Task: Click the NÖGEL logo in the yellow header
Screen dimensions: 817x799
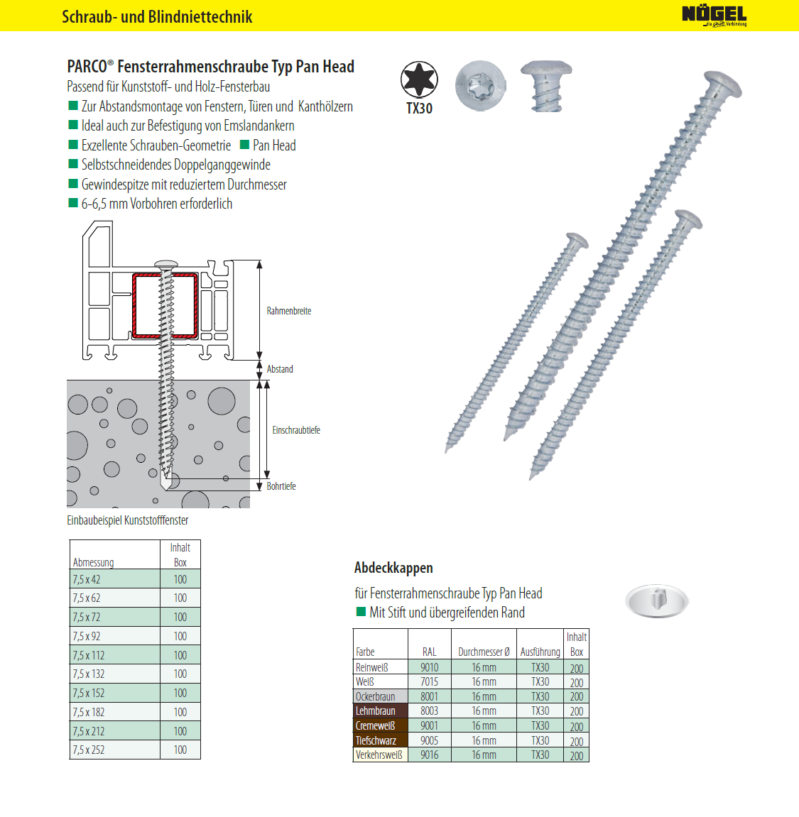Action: (x=714, y=15)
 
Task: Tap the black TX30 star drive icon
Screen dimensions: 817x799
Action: (x=419, y=79)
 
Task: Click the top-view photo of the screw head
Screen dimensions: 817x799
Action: (x=480, y=85)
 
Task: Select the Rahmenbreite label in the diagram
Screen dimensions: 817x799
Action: (x=289, y=311)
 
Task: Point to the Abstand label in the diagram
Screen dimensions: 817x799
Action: (x=280, y=369)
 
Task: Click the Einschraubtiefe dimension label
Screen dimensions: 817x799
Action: (x=296, y=430)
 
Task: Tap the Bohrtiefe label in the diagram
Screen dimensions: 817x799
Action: (x=281, y=486)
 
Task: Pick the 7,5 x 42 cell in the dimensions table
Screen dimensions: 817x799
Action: (x=87, y=579)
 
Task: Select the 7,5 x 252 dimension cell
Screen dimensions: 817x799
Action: (x=89, y=750)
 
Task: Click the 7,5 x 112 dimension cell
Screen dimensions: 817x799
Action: (x=89, y=655)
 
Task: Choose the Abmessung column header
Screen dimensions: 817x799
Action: (x=93, y=562)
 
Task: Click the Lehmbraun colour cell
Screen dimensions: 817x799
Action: (x=376, y=711)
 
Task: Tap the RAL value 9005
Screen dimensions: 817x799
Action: (x=429, y=740)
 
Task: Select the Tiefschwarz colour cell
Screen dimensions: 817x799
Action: (x=376, y=740)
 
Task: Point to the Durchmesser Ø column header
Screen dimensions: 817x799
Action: (x=484, y=652)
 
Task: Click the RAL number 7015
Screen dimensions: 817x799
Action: (x=429, y=681)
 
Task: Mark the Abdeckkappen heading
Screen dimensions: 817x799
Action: (x=393, y=568)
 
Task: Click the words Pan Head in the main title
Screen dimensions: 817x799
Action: (x=325, y=67)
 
